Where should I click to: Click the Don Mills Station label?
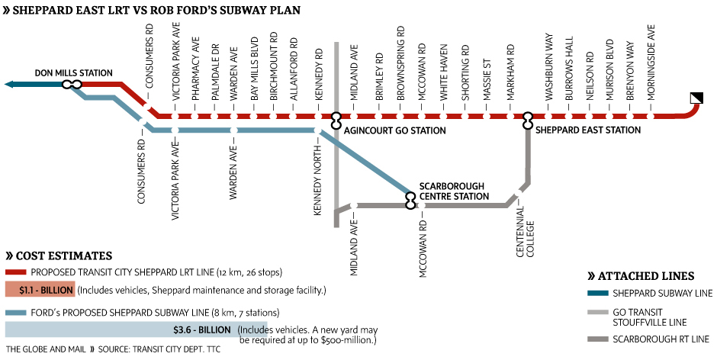click(74, 73)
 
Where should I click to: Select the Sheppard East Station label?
click(588, 130)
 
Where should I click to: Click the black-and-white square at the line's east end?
click(696, 97)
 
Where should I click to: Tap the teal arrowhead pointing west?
click(11, 85)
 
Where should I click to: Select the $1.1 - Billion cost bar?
click(40, 290)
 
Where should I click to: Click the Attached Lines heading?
click(645, 275)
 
